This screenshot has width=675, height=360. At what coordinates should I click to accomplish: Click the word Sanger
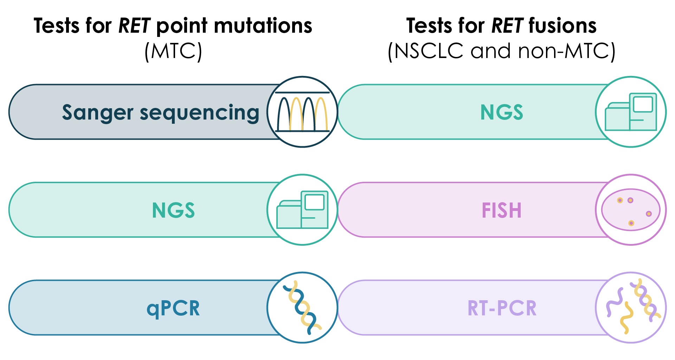tap(97, 112)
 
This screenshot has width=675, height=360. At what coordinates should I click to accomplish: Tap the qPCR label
tap(173, 309)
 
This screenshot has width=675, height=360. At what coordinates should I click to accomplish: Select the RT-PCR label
tap(502, 308)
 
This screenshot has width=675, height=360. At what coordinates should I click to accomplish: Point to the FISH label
tap(502, 211)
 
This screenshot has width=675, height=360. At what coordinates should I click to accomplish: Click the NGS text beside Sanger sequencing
tap(502, 112)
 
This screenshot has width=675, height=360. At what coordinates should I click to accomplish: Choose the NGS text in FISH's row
tap(173, 211)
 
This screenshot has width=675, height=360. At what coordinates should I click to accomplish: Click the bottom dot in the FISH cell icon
tap(631, 223)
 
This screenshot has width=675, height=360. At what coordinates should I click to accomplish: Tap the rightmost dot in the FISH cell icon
tap(649, 213)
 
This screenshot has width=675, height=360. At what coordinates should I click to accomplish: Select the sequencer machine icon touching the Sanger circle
tap(631, 112)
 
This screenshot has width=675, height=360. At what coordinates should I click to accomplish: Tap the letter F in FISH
tap(486, 211)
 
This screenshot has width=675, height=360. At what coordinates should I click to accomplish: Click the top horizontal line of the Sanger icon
tap(302, 93)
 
